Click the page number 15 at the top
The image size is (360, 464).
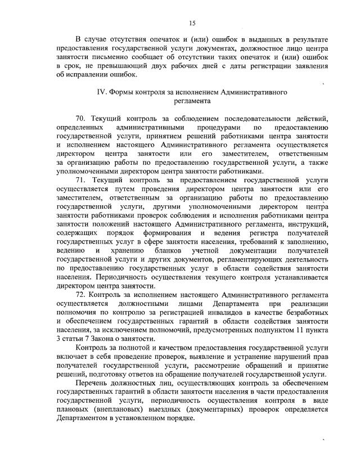tap(192, 22)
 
